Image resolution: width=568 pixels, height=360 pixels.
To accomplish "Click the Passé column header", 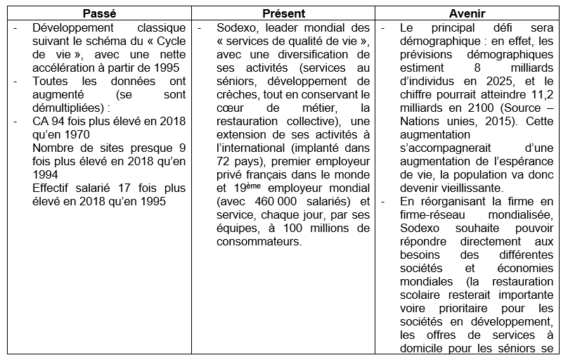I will coord(99,14).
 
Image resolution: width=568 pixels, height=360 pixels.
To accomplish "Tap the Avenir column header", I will coord(470,14).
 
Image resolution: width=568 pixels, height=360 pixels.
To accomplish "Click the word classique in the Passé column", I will coord(161,28).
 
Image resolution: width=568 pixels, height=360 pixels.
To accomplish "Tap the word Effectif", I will coord(57,188).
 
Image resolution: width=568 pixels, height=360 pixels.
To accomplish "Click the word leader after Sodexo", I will coord(283,28).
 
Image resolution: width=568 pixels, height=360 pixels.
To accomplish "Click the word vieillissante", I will coord(461,188).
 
